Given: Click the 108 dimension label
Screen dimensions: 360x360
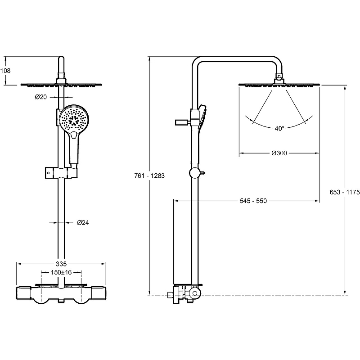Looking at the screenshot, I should pos(6,71).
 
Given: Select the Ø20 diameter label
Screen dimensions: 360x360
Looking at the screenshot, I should pos(41,97).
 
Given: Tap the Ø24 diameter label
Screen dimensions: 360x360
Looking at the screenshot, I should pos(82,222).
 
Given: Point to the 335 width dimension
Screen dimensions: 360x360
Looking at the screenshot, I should pos(61,263).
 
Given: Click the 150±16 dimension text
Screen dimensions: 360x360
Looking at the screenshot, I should pos(61,272).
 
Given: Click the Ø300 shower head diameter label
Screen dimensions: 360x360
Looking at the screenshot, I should pos(279,153).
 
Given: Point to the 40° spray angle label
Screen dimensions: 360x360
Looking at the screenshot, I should pos(279,128).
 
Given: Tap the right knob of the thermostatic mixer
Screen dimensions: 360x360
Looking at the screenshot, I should pos(83,298).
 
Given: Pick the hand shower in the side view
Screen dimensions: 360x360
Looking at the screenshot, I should pos(202,118).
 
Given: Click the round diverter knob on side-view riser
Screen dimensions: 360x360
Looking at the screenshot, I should pos(195,173).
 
